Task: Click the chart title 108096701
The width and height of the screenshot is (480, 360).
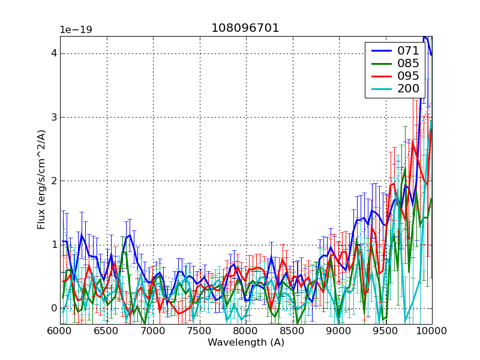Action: [x=245, y=28]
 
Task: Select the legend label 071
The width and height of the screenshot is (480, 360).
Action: [x=408, y=51]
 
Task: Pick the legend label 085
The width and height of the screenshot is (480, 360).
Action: [x=408, y=64]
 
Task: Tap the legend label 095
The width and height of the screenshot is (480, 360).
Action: [x=408, y=77]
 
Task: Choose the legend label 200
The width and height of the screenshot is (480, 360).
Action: [x=408, y=90]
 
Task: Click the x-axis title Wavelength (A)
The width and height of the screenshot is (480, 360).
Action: [x=246, y=343]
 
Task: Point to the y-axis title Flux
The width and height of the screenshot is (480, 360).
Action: [x=41, y=181]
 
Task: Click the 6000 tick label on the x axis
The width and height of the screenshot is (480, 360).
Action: [x=60, y=331]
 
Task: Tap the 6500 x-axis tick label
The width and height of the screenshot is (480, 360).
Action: [x=106, y=331]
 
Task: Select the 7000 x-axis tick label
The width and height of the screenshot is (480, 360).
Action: [x=153, y=331]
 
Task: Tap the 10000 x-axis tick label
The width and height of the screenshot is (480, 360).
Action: [x=432, y=331]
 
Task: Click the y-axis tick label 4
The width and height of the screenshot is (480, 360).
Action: [x=53, y=53]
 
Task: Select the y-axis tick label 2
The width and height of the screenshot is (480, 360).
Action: [x=53, y=181]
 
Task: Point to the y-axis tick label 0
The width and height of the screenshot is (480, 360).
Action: [x=53, y=308]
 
